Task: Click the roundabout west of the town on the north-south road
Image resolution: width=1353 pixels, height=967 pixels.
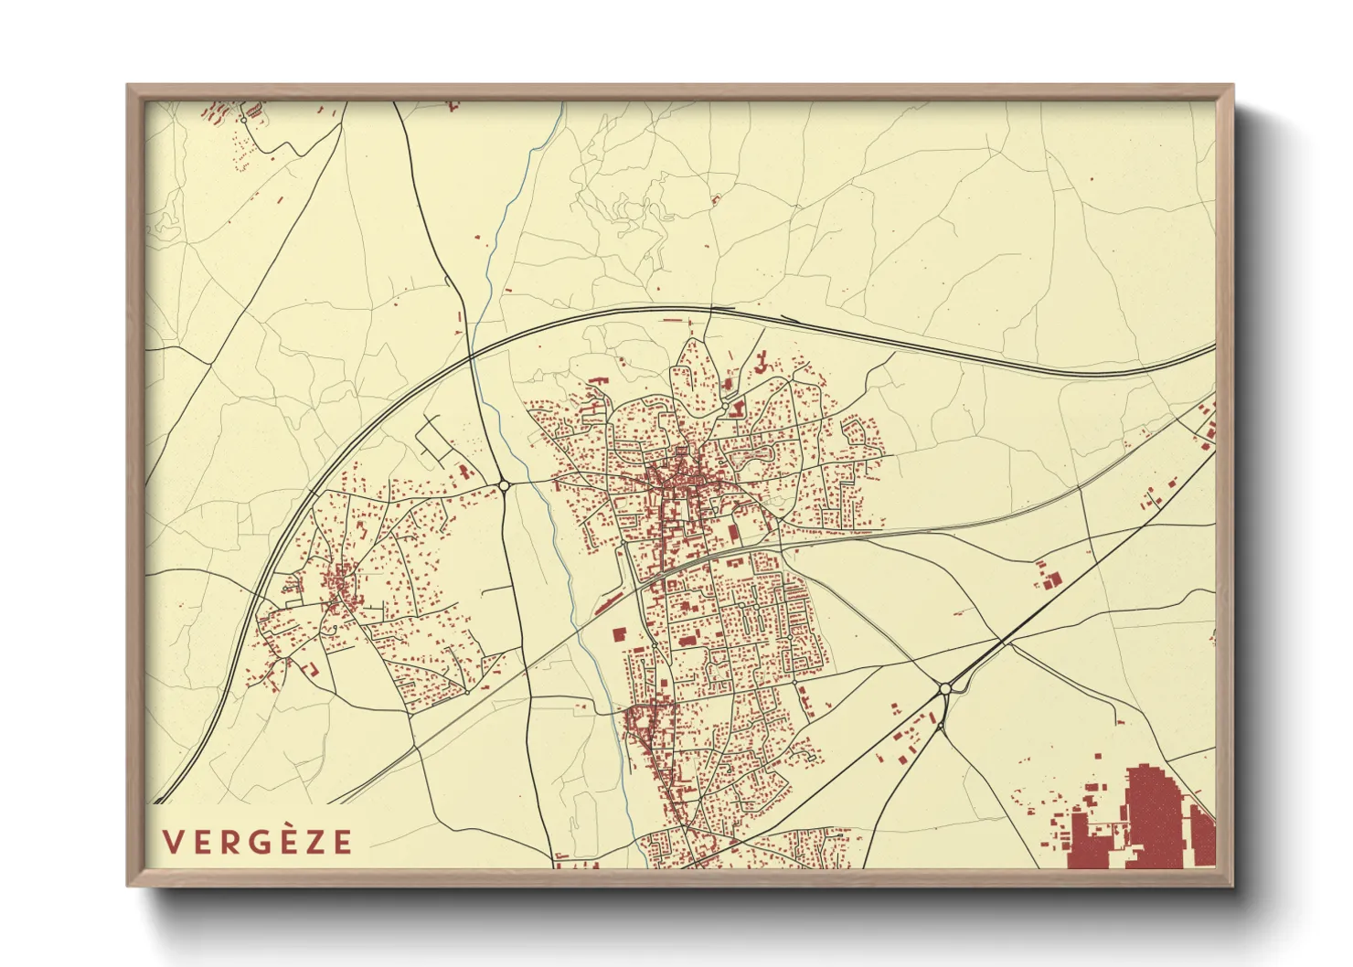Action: pyautogui.click(x=504, y=485)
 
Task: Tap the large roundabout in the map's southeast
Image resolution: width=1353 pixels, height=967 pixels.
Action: pyautogui.click(x=945, y=688)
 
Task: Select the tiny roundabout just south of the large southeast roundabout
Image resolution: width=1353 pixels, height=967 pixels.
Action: pyautogui.click(x=941, y=728)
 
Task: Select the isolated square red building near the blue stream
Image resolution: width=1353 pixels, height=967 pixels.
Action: pyautogui.click(x=617, y=633)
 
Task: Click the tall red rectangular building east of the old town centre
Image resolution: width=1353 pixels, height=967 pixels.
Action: pyautogui.click(x=732, y=533)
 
